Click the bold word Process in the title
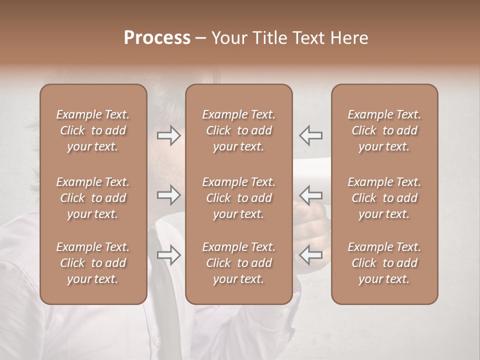point(157,38)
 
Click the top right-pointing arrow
point(169,135)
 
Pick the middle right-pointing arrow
point(169,194)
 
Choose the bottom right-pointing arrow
point(169,255)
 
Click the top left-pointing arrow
point(310,135)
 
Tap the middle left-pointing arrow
point(310,194)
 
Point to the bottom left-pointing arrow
point(310,255)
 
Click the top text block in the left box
point(93,130)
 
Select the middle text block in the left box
point(93,198)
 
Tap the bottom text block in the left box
point(93,263)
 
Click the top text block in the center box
point(238,130)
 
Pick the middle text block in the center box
point(238,198)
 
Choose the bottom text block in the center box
point(238,263)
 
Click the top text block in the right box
point(384,130)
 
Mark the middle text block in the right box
point(384,198)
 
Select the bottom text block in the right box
point(384,263)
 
